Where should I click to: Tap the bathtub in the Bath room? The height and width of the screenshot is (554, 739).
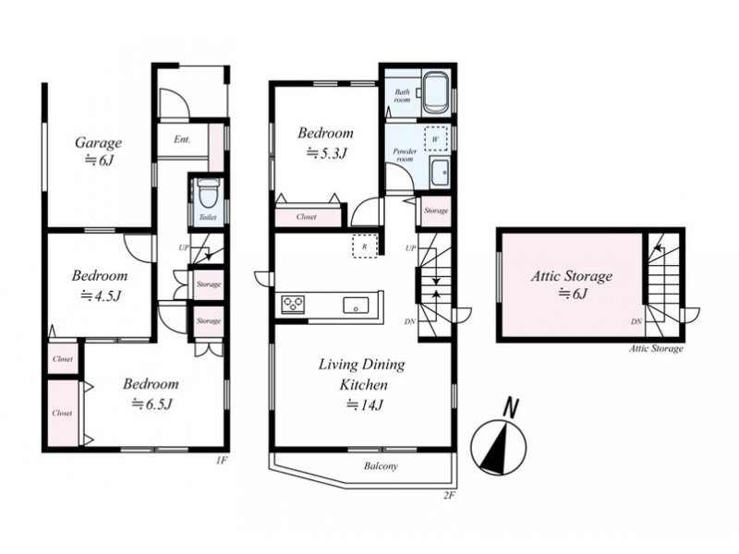click(x=434, y=92)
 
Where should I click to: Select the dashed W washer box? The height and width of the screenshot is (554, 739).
click(x=435, y=138)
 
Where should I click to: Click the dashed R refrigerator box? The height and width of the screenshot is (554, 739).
click(x=365, y=246)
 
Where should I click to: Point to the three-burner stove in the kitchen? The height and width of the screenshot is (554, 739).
click(x=293, y=305)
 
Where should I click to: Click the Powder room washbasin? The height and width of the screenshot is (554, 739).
click(x=440, y=173)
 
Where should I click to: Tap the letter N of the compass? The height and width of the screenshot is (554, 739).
click(x=511, y=408)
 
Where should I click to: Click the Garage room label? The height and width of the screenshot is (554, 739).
click(x=98, y=143)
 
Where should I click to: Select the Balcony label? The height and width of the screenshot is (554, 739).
click(x=381, y=466)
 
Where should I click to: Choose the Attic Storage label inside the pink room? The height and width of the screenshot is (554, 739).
click(x=572, y=275)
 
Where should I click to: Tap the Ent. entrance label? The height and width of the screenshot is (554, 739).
click(x=182, y=139)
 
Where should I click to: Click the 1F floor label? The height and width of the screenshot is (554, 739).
click(x=222, y=460)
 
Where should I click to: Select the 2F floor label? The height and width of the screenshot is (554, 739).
click(x=449, y=495)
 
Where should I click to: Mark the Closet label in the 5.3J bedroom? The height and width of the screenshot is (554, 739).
click(x=307, y=217)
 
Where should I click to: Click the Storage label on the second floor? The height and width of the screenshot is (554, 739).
click(x=436, y=211)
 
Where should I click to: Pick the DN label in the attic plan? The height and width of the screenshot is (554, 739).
click(x=636, y=321)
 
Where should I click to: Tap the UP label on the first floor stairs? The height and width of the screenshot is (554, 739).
click(x=184, y=247)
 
